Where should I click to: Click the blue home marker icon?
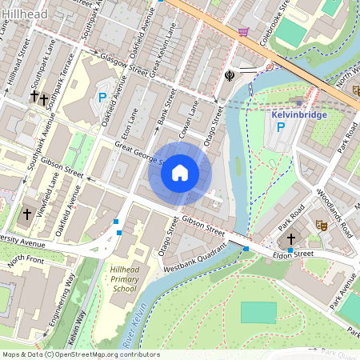(180, 173)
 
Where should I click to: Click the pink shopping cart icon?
(242, 31)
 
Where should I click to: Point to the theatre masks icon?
(323, 226)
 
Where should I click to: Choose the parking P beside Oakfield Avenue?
(102, 98)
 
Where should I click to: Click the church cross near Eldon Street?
(291, 238)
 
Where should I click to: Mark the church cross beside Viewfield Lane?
(27, 214)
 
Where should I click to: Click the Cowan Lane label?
(190, 115)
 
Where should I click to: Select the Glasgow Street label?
(125, 65)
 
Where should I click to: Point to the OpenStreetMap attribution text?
(80, 354)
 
